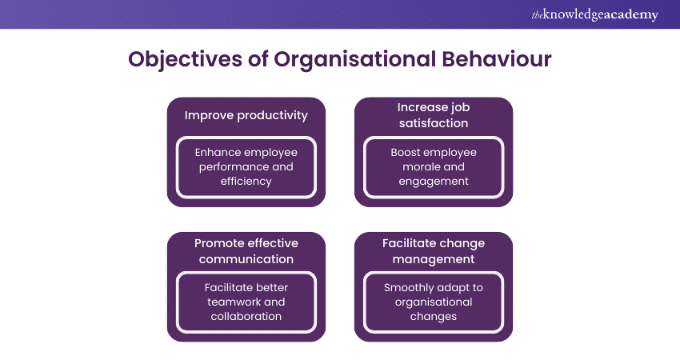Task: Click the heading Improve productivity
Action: point(246,115)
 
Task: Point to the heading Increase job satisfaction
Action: point(433,115)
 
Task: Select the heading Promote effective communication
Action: point(246,250)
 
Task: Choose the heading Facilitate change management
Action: point(433,250)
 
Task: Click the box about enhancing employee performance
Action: point(246,166)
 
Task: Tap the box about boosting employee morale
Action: point(433,166)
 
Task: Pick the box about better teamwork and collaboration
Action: point(246,302)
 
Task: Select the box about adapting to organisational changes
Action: point(433,302)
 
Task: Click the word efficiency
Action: point(246,181)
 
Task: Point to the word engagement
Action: point(433,181)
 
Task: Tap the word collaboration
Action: point(246,316)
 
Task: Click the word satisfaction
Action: point(433,123)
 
